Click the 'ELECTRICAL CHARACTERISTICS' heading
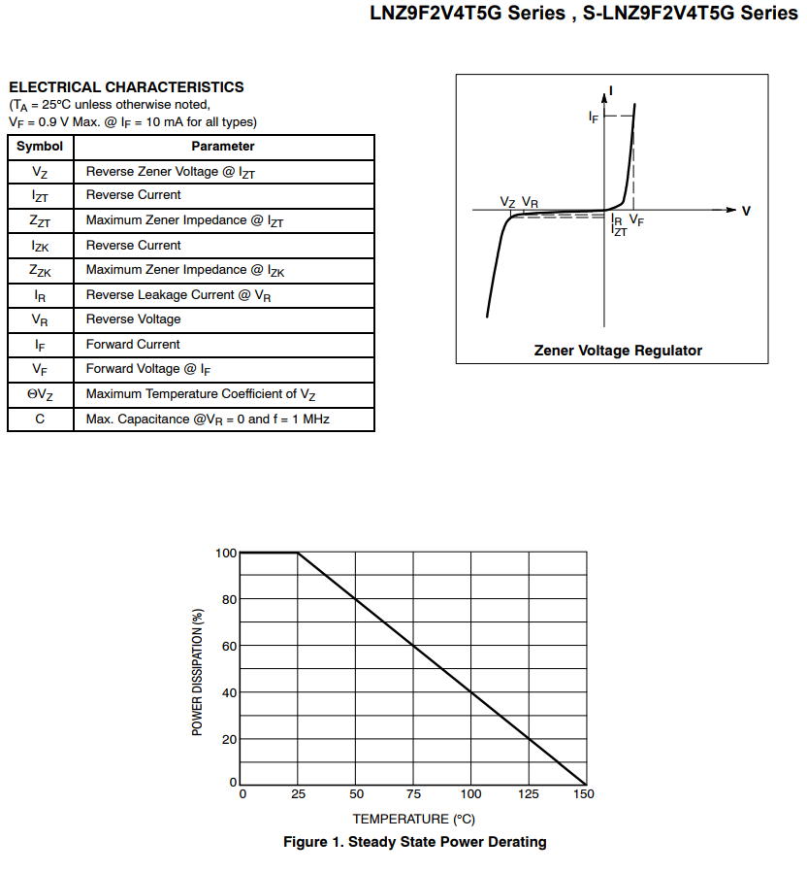pyautogui.click(x=126, y=87)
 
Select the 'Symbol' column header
pyautogui.click(x=40, y=147)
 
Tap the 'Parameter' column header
pyautogui.click(x=223, y=147)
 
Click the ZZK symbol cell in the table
pyautogui.click(x=40, y=271)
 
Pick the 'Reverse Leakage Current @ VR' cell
pyautogui.click(x=178, y=295)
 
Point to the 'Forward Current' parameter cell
pyautogui.click(x=133, y=345)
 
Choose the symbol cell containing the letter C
pyautogui.click(x=40, y=420)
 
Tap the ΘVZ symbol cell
pyautogui.click(x=40, y=394)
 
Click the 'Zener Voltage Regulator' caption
pyautogui.click(x=618, y=351)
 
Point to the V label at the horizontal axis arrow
pyautogui.click(x=746, y=211)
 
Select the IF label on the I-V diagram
pyautogui.click(x=594, y=117)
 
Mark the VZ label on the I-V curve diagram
pyautogui.click(x=508, y=201)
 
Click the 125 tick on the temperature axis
pyautogui.click(x=529, y=794)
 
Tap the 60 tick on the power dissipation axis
pyautogui.click(x=229, y=646)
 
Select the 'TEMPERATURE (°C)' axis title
pyautogui.click(x=413, y=820)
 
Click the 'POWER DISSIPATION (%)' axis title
pyautogui.click(x=198, y=671)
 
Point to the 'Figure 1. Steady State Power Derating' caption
pyautogui.click(x=414, y=842)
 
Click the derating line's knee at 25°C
pyautogui.click(x=298, y=553)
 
